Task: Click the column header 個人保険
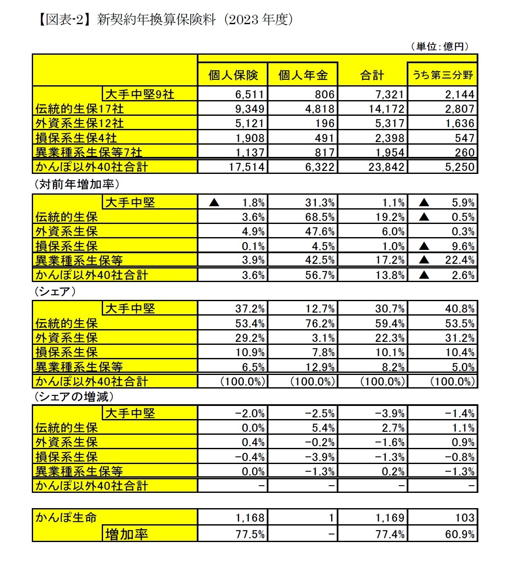pos(233,75)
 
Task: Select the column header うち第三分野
pos(442,75)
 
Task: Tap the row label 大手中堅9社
pos(140,94)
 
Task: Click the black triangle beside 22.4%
pos(424,260)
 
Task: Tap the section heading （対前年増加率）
pos(76,185)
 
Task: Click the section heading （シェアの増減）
pos(73,397)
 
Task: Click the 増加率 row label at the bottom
pos(126,534)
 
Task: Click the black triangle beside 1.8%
pos(215,202)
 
